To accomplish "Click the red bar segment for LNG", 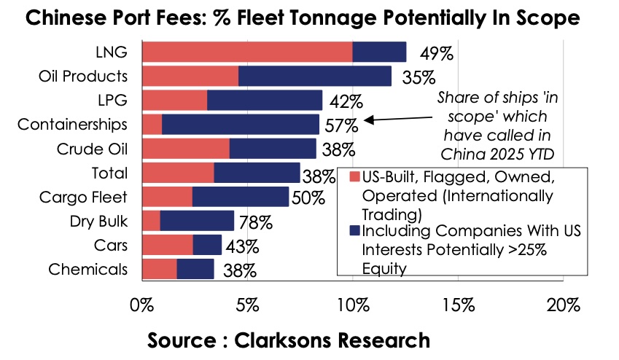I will point(246,52).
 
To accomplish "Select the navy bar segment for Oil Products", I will point(314,77).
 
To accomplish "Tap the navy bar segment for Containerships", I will point(240,125).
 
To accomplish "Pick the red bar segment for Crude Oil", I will point(185,149).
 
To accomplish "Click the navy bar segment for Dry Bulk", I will point(197,221).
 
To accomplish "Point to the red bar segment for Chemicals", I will point(159,269).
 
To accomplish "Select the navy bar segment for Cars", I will point(207,245).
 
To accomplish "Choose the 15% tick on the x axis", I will point(458,304).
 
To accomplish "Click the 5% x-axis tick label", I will point(246,304).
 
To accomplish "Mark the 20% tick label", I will point(564,304).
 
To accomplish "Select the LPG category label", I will point(114,101).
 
